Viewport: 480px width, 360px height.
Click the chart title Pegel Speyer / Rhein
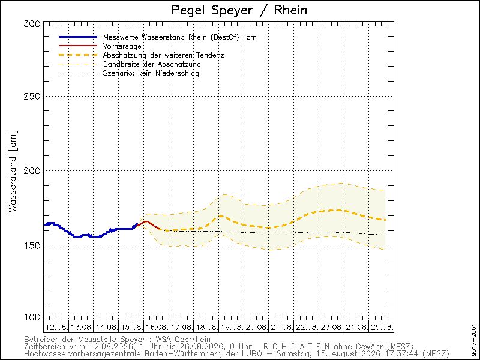239,10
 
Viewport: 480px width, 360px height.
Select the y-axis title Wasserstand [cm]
13,172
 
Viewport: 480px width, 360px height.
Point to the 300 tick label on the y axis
32,24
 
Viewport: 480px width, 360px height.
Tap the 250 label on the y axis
32,96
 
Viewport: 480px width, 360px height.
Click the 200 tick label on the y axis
32,170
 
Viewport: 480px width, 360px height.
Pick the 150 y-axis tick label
32,245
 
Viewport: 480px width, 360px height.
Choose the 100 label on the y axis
32,317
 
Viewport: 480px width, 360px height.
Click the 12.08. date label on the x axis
57,327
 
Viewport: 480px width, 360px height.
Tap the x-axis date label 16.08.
157,327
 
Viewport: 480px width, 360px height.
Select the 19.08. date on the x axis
232,327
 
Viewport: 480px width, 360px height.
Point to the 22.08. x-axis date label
307,327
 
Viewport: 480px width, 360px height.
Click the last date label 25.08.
382,327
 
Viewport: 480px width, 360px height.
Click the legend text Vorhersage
122,46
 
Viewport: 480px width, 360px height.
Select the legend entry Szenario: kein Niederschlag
151,73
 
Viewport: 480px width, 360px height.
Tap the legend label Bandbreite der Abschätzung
152,64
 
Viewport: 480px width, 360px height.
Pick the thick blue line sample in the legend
78,37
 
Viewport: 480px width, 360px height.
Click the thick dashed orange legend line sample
78,55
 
